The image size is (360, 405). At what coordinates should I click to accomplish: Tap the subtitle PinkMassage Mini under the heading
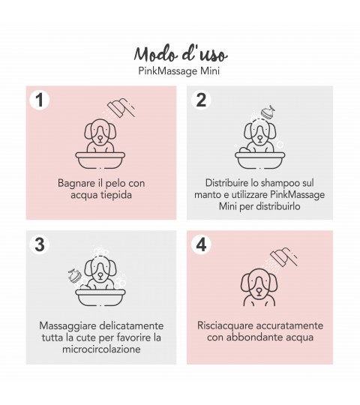pos(179,71)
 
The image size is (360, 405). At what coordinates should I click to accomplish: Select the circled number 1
pos(40,100)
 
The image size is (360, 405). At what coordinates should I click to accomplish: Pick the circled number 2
pos(201,100)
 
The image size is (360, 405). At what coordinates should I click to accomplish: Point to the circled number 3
pos(40,244)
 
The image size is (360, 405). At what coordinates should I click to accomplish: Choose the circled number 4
pos(201,244)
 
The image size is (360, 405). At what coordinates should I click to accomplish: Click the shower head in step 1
pos(121,108)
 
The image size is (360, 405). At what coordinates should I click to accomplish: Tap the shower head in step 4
pos(283,257)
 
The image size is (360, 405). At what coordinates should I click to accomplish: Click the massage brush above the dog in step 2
pos(268,112)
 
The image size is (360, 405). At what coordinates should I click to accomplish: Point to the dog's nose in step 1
pos(100,139)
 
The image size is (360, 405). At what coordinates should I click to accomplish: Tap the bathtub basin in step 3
pos(100,297)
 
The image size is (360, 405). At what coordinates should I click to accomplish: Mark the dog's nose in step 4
pos(259,290)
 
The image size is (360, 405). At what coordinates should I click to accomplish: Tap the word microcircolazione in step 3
pos(101,349)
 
